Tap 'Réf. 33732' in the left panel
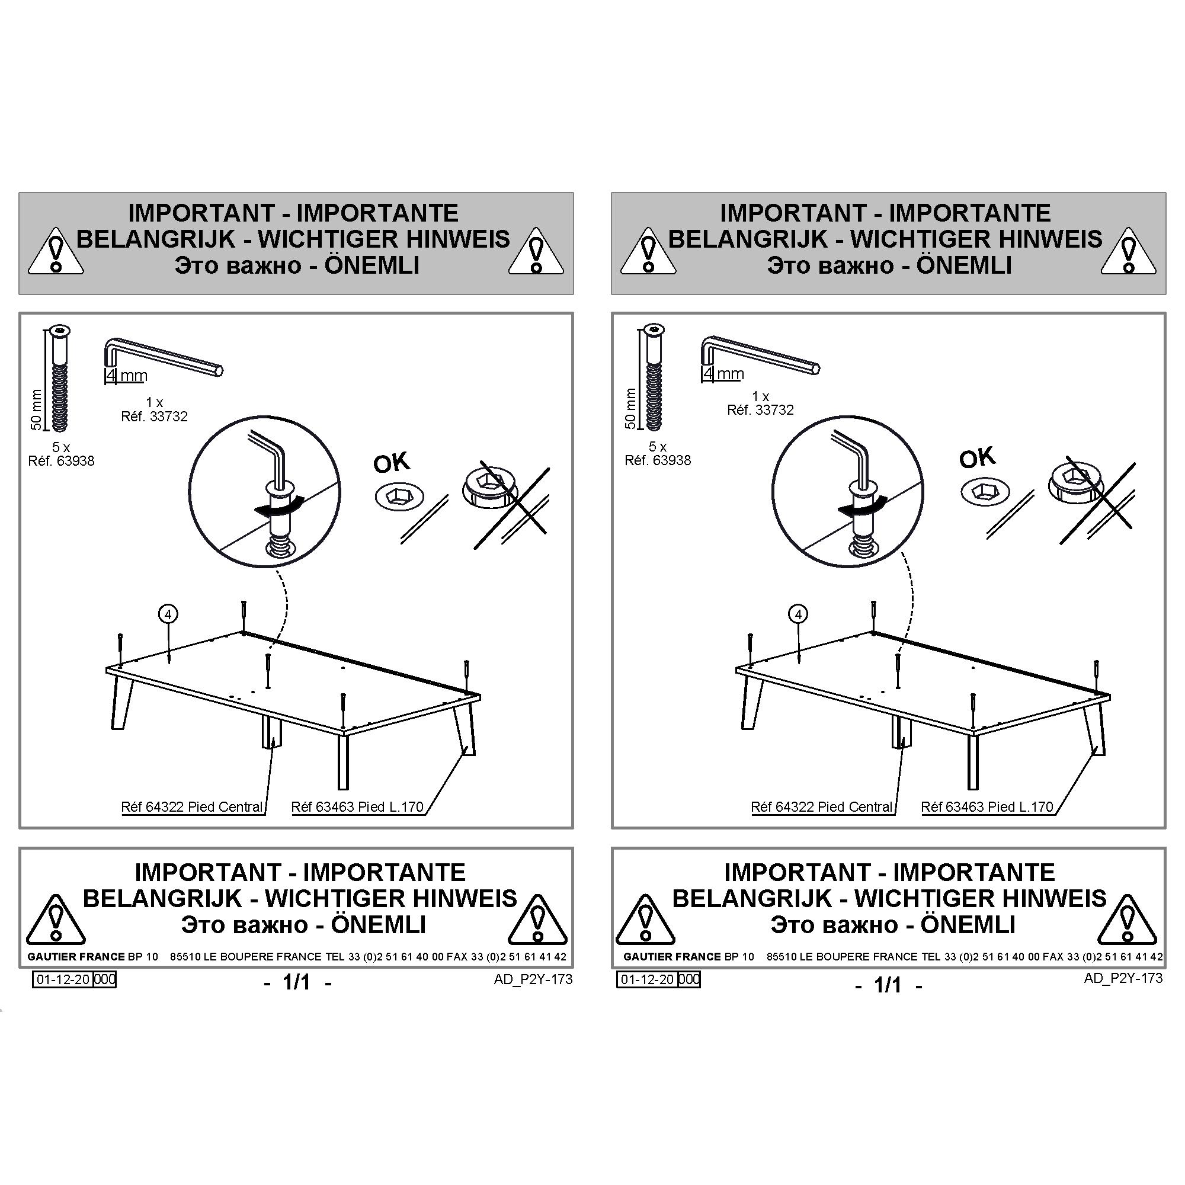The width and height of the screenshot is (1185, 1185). (154, 417)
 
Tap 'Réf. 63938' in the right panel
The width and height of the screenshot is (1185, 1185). (658, 460)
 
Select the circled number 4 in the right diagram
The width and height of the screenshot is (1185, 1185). (798, 614)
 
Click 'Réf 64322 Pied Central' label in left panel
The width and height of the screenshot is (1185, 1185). (192, 806)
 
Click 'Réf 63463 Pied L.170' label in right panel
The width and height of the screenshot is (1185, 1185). (987, 806)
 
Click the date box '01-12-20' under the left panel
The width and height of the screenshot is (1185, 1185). (62, 979)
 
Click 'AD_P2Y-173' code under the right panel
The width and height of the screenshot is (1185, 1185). (1122, 978)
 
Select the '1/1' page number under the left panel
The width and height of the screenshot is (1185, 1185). (297, 982)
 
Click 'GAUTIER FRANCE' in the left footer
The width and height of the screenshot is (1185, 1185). (68, 956)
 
